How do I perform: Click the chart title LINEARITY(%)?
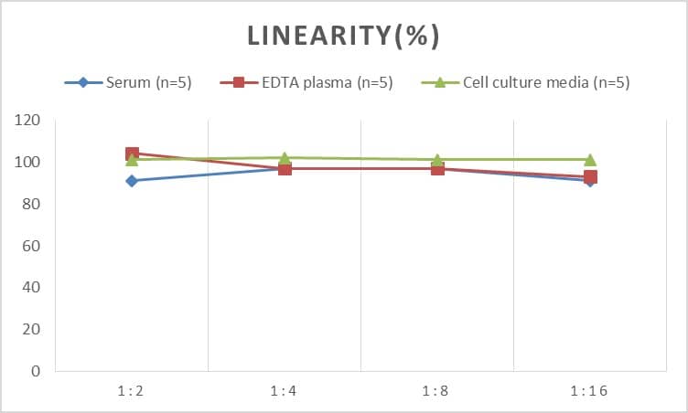click(x=344, y=36)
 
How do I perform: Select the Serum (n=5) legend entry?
click(x=128, y=83)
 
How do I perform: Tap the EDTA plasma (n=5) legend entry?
click(x=307, y=83)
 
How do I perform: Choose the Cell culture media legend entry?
click(x=525, y=83)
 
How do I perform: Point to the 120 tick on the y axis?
click(x=29, y=121)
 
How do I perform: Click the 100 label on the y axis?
click(x=29, y=163)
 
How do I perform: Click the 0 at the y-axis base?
click(x=37, y=371)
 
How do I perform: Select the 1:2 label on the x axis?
click(x=132, y=391)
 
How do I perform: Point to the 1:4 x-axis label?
click(x=285, y=391)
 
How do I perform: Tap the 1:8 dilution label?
click(x=437, y=391)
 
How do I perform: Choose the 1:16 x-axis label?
click(x=590, y=391)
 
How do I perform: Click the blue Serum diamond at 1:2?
click(x=132, y=181)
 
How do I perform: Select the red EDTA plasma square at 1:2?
click(x=132, y=154)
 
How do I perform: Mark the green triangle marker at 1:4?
click(x=285, y=158)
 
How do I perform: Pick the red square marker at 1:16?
click(x=590, y=177)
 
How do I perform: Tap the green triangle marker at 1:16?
click(x=590, y=160)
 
